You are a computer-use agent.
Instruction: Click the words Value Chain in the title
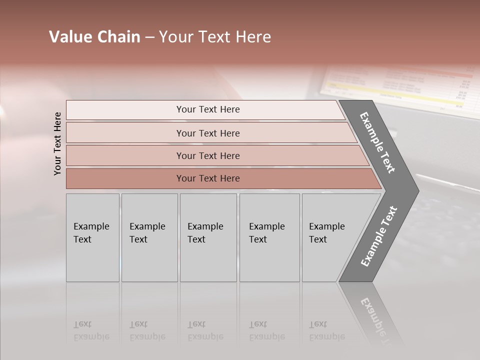pyautogui.click(x=94, y=37)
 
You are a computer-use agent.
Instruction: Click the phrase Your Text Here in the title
pyautogui.click(x=215, y=37)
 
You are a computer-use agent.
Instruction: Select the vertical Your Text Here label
pyautogui.click(x=57, y=143)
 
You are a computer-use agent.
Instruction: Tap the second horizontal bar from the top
pyautogui.click(x=207, y=133)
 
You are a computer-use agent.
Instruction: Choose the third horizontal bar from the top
pyautogui.click(x=207, y=155)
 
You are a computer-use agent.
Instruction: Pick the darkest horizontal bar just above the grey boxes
pyautogui.click(x=207, y=178)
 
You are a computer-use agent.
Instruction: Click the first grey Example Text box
pyautogui.click(x=92, y=237)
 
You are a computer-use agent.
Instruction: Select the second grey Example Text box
pyautogui.click(x=149, y=237)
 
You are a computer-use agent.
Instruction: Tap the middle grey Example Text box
pyautogui.click(x=208, y=237)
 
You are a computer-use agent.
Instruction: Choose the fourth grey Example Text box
pyautogui.click(x=269, y=237)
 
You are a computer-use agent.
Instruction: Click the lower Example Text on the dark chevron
pyautogui.click(x=379, y=236)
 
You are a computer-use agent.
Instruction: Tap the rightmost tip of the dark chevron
pyautogui.click(x=417, y=191)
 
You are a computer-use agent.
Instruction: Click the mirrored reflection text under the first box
pyautogui.click(x=91, y=331)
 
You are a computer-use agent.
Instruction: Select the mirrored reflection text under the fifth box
pyautogui.click(x=327, y=331)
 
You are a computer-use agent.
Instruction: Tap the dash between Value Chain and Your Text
pyautogui.click(x=149, y=37)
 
